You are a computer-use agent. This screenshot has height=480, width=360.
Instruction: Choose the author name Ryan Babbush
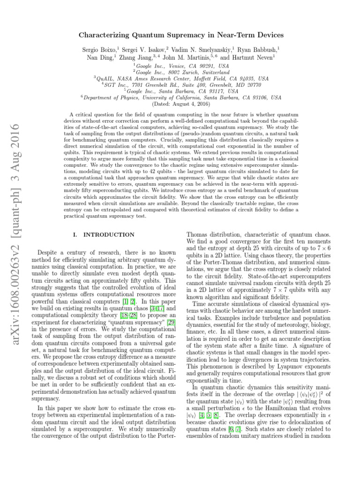pyautogui.click(x=259, y=49)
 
